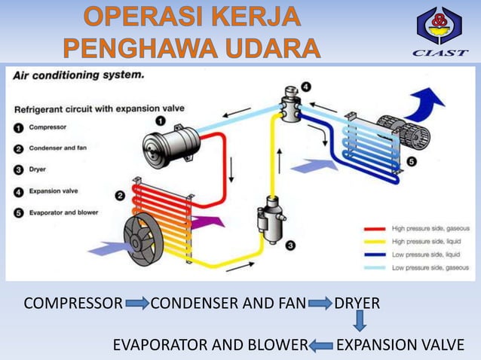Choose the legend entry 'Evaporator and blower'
[x=63, y=212]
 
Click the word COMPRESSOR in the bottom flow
[x=73, y=304]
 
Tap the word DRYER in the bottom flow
[x=357, y=304]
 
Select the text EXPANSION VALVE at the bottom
[x=400, y=346]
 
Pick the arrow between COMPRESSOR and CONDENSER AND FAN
[x=137, y=304]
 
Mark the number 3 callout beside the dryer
[x=290, y=245]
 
